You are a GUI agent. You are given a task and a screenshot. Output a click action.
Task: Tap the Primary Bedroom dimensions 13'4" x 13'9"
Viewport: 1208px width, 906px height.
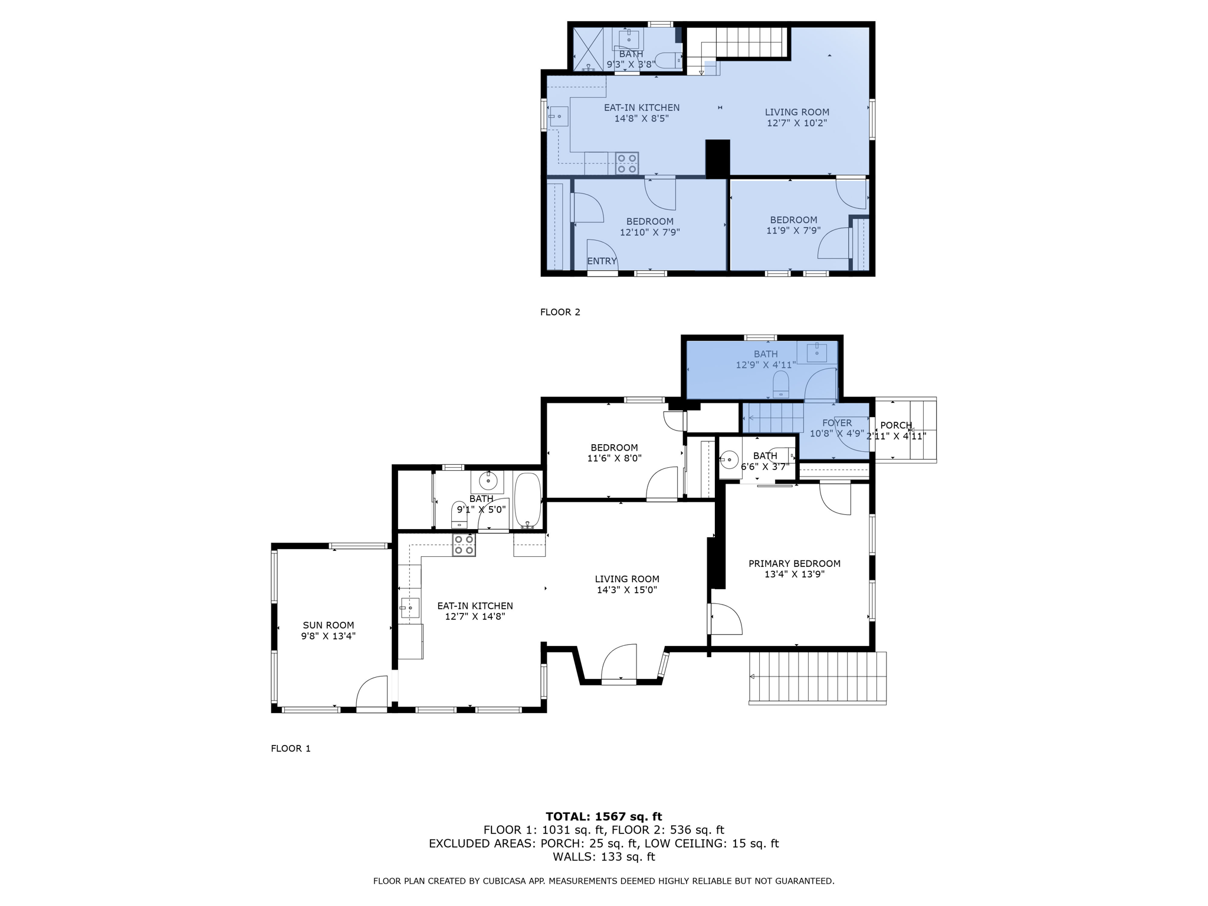pos(794,574)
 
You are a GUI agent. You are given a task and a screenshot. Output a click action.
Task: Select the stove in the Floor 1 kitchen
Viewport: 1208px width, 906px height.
pos(464,545)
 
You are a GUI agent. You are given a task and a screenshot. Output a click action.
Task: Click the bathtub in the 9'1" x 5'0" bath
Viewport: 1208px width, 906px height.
pos(527,500)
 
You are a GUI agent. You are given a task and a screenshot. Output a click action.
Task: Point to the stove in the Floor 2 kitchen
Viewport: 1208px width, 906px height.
pos(626,163)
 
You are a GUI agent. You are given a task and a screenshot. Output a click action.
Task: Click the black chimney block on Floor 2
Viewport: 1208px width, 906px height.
pos(717,158)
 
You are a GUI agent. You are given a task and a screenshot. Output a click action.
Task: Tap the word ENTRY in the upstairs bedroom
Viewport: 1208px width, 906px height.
pos(602,261)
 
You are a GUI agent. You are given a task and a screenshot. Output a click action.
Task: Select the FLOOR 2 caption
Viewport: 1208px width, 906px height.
pos(560,312)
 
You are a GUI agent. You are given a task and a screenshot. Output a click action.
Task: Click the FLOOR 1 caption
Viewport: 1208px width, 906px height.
pos(290,749)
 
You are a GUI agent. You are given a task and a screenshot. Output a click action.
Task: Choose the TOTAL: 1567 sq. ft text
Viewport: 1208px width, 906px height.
pos(603,816)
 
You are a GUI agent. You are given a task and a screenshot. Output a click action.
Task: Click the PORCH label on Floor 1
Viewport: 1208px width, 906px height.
pos(895,425)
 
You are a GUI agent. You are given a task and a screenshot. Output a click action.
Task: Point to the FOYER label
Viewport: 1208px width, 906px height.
pos(836,423)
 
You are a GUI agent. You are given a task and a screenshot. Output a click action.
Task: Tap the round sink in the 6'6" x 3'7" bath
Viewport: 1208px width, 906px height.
pos(730,459)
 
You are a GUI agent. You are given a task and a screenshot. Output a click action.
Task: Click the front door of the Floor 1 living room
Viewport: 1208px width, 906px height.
pos(619,665)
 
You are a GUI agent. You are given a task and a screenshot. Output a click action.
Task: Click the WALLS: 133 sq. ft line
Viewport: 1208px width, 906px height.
pos(603,857)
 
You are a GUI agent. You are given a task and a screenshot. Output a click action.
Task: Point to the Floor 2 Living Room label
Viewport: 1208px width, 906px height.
pos(796,112)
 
